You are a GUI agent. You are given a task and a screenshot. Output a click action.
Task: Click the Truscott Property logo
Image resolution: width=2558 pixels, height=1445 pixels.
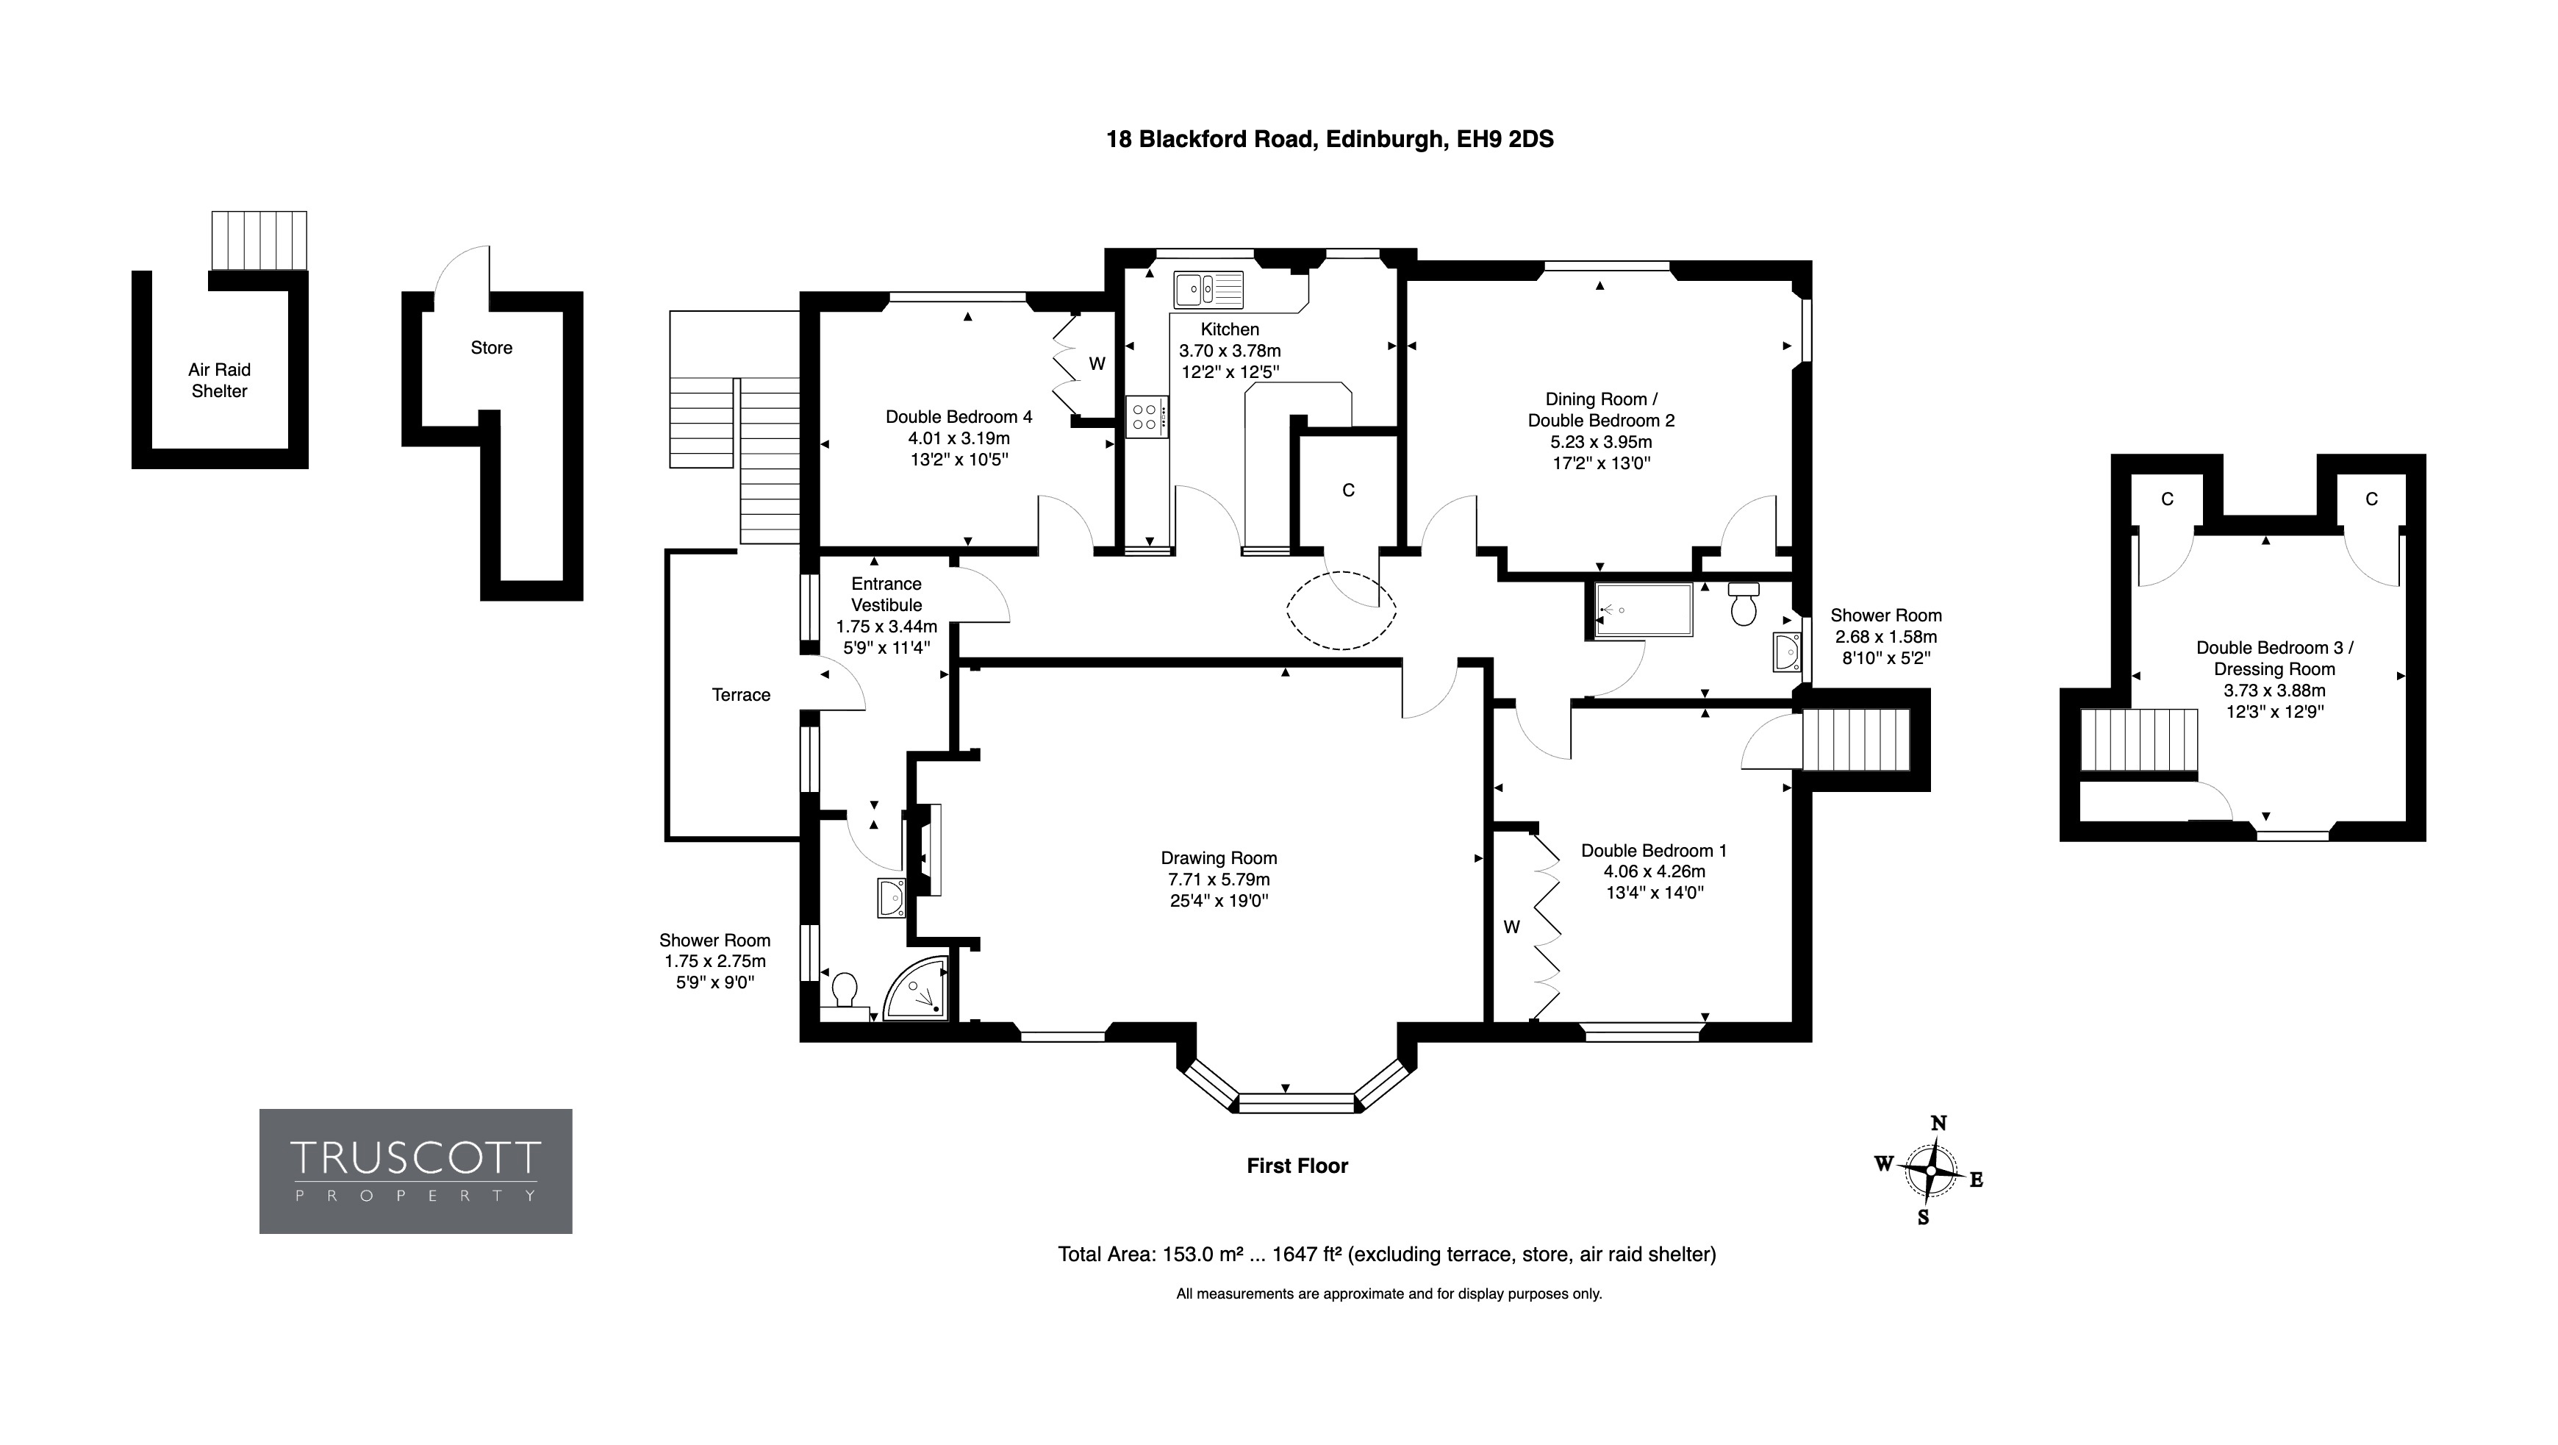point(415,1171)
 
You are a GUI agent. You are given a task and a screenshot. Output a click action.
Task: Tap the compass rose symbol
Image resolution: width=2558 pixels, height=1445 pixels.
point(1930,1171)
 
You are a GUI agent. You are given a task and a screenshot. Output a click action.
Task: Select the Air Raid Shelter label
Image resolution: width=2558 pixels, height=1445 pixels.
point(220,380)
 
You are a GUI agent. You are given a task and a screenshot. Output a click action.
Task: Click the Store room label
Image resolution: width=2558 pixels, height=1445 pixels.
point(492,348)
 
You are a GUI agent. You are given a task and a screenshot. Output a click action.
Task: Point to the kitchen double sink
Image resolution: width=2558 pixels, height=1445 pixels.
point(1208,290)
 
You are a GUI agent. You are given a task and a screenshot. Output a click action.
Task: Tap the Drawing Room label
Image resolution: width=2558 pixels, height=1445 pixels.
point(1219,858)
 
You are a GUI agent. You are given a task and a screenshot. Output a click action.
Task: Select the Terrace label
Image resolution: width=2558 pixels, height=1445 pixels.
point(741,695)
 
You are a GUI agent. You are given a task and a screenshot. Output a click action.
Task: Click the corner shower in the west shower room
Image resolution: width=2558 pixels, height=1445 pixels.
point(916,988)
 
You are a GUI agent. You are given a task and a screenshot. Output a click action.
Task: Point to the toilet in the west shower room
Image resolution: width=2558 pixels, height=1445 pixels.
point(843,994)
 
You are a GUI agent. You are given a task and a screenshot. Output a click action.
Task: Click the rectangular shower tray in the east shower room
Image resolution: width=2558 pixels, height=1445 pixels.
point(1642,610)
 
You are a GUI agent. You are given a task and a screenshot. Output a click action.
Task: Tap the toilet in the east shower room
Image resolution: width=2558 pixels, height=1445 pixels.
point(1744,603)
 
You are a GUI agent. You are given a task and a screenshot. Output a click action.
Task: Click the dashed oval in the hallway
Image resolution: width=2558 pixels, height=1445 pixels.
point(1341,610)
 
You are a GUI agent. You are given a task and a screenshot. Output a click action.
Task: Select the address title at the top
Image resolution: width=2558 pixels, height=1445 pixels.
point(1330,139)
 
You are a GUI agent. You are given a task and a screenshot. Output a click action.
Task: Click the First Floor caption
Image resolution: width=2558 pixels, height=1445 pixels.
point(1297,1166)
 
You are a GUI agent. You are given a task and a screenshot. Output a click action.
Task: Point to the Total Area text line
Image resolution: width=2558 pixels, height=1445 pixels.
point(1387,1255)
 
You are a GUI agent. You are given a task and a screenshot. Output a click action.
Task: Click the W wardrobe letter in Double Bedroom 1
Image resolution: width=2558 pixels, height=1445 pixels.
point(1511,927)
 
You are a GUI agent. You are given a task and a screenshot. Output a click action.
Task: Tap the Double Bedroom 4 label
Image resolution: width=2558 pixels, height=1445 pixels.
point(959,417)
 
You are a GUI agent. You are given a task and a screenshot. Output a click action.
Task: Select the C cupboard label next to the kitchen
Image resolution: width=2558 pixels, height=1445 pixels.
point(1349,490)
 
